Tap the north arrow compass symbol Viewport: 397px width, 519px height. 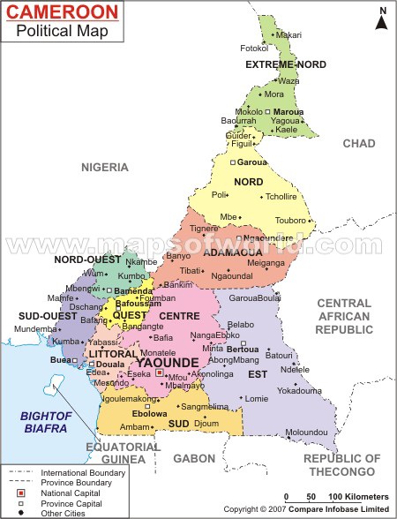(382, 18)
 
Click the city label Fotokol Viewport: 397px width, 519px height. (254, 48)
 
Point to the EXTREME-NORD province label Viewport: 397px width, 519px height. (286, 64)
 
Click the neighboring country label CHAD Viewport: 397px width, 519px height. (358, 143)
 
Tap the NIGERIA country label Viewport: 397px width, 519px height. (105, 167)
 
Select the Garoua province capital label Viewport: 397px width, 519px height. (252, 162)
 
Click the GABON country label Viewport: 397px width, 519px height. (194, 458)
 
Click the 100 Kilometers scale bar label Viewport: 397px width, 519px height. (356, 497)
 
